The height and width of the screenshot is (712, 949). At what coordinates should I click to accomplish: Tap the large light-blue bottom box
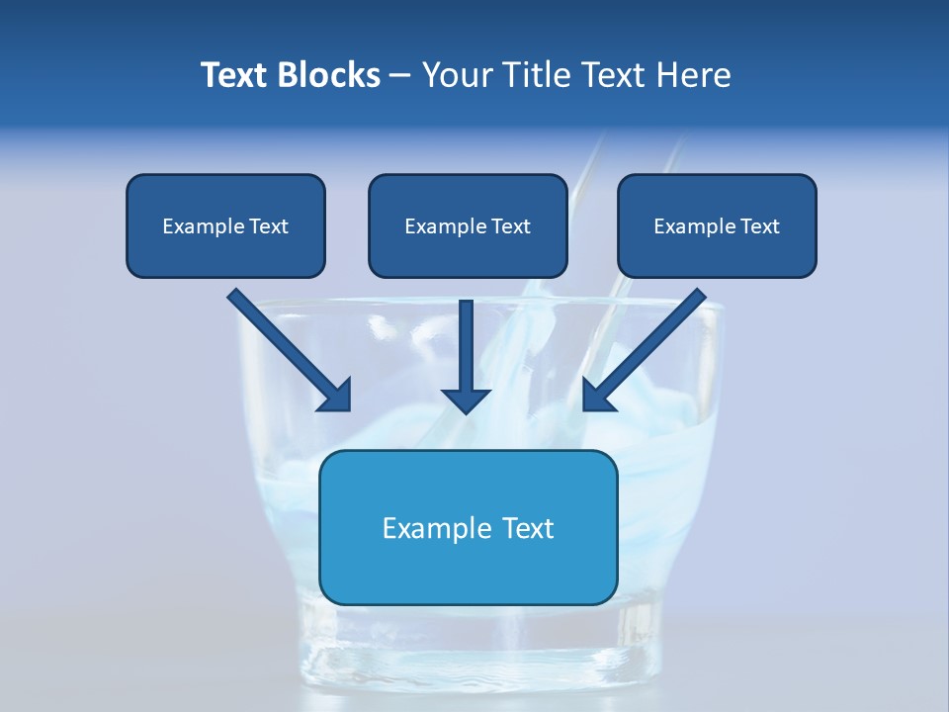pos(468,574)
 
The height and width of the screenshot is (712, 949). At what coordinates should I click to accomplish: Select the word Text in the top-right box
pos(760,226)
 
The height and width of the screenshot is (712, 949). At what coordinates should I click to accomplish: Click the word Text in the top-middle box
pos(511,226)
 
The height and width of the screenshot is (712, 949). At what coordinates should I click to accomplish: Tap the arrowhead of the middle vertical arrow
pos(466,400)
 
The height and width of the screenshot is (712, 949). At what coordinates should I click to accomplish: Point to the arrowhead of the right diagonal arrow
pos(597,396)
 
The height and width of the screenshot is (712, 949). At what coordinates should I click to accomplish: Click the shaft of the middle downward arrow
pos(466,341)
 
